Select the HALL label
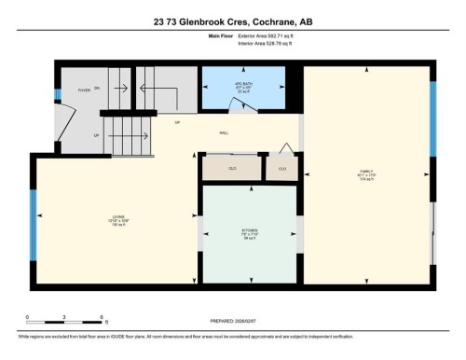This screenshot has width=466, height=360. [224, 133]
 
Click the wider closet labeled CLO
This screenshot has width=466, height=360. [232, 168]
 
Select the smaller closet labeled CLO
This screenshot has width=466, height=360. [281, 168]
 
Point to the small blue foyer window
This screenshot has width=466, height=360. [56, 95]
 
